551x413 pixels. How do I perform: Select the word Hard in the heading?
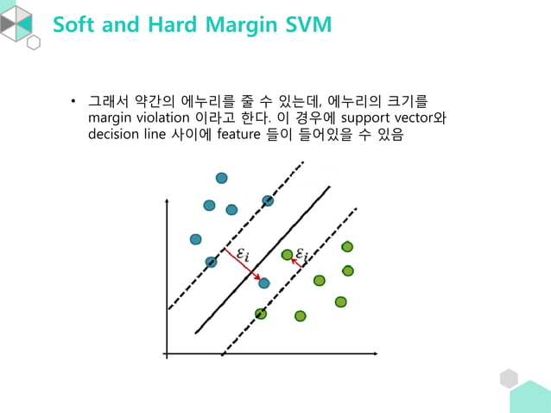click(x=168, y=24)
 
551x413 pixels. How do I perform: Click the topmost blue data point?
click(x=222, y=178)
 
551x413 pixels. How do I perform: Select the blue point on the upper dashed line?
click(x=268, y=200)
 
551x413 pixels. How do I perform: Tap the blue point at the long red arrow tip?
click(x=264, y=283)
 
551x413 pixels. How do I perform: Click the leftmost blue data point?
click(x=195, y=239)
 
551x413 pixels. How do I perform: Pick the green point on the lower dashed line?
click(x=261, y=314)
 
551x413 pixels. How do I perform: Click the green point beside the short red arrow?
click(x=288, y=255)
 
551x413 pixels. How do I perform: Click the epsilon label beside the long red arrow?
click(x=243, y=253)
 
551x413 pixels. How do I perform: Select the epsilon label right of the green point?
click(x=302, y=253)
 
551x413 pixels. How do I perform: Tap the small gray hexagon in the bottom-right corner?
click(x=509, y=378)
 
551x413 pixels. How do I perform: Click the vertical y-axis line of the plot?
click(x=165, y=276)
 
